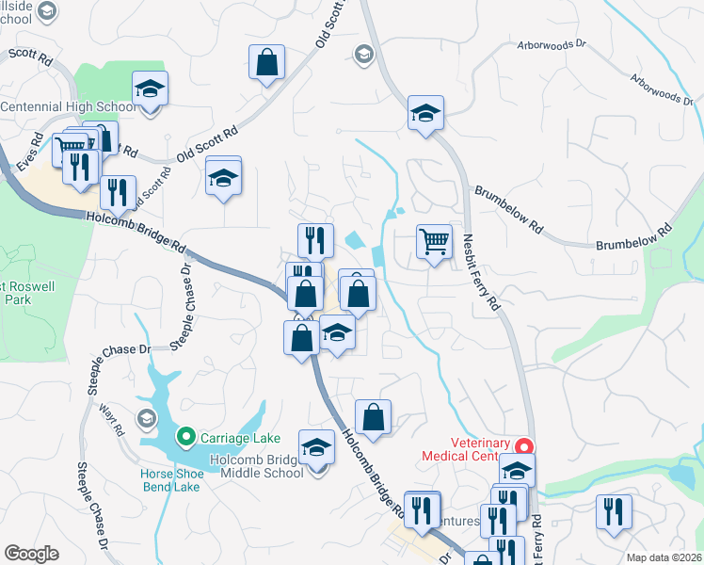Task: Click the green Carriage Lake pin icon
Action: click(185, 437)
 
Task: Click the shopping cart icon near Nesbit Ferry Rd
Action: click(434, 241)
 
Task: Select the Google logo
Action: click(31, 553)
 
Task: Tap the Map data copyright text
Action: click(664, 557)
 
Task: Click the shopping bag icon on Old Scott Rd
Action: click(268, 63)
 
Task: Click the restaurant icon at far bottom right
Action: click(614, 511)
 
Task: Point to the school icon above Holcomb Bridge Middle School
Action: click(317, 446)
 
